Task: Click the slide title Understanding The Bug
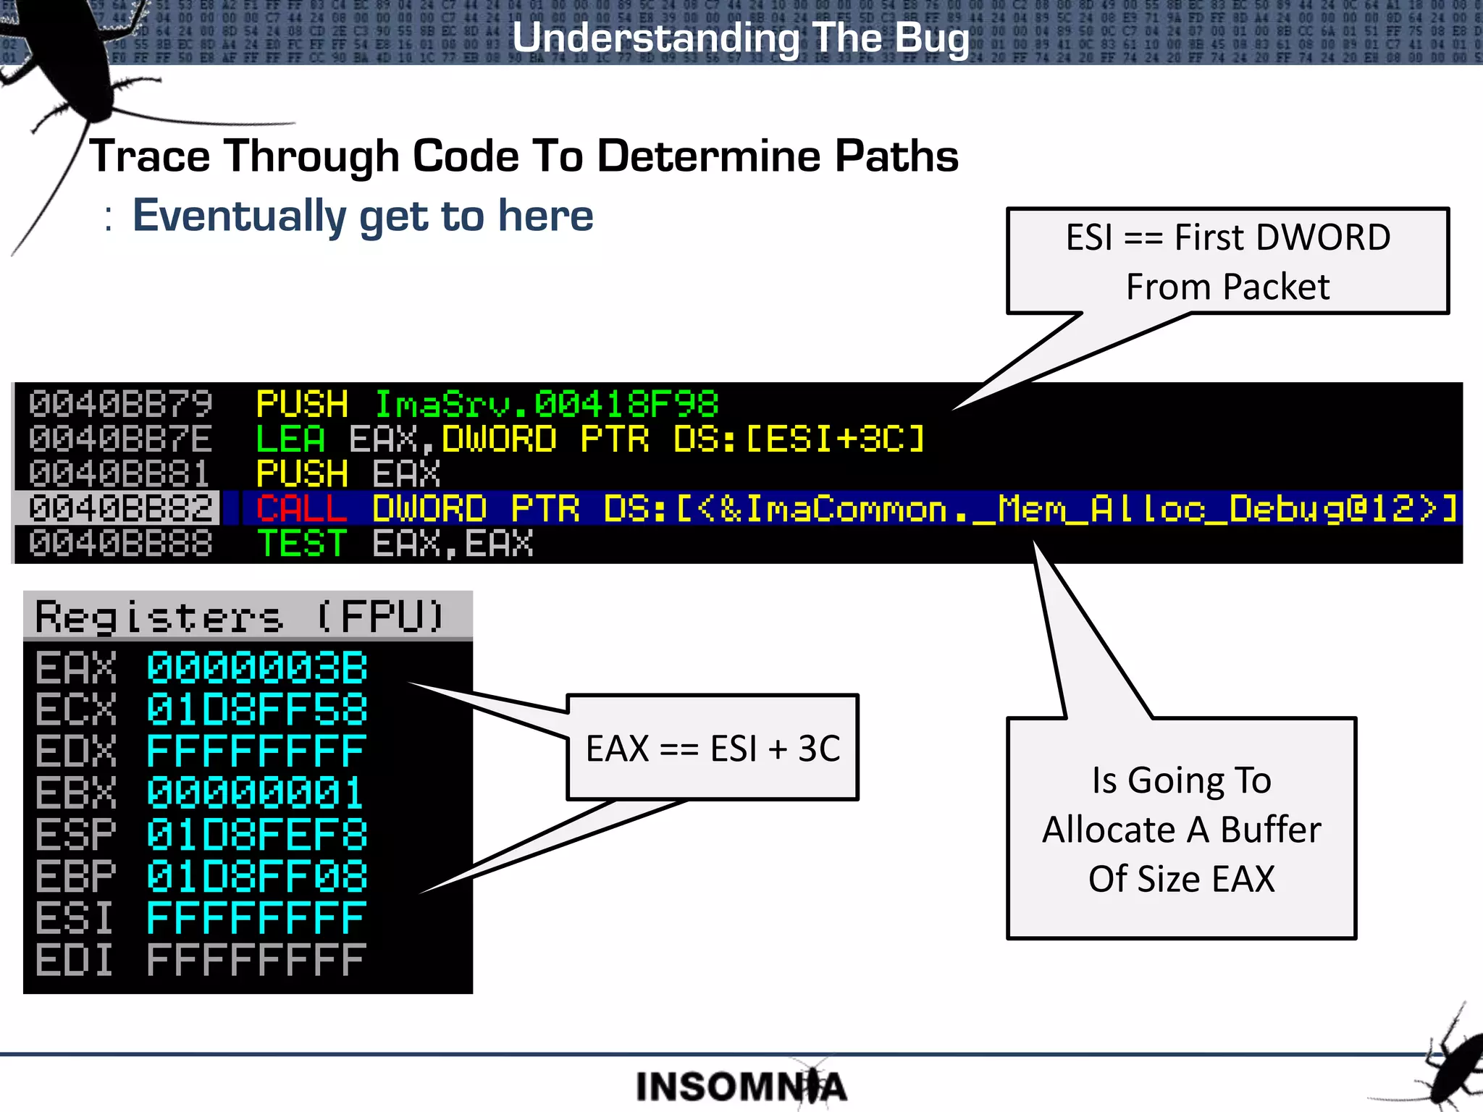(x=740, y=38)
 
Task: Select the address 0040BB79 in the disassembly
(x=120, y=403)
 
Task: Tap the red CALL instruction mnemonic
(x=301, y=508)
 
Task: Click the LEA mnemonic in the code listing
(x=290, y=439)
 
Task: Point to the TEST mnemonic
(x=302, y=544)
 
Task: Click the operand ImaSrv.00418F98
(x=546, y=403)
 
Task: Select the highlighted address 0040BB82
(x=120, y=508)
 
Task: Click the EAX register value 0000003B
(x=257, y=667)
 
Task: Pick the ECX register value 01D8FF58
(x=257, y=709)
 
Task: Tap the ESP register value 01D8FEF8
(x=257, y=835)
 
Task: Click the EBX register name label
(x=75, y=793)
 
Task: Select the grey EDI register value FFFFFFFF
(x=257, y=961)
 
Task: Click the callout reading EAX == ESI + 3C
(x=713, y=748)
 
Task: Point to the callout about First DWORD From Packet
(x=1227, y=261)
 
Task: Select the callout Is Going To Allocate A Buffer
(x=1181, y=829)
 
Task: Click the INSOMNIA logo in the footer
(x=740, y=1087)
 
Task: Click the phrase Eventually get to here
(x=362, y=216)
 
